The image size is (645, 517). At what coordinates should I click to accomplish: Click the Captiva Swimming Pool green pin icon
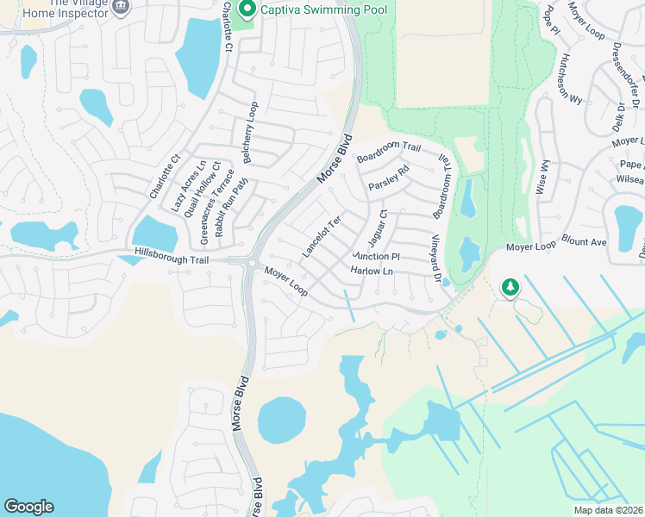point(247,9)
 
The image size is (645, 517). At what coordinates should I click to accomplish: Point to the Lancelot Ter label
point(322,235)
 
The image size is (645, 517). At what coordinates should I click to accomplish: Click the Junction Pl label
point(376,256)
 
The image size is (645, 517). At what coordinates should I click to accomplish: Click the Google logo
point(28,507)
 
